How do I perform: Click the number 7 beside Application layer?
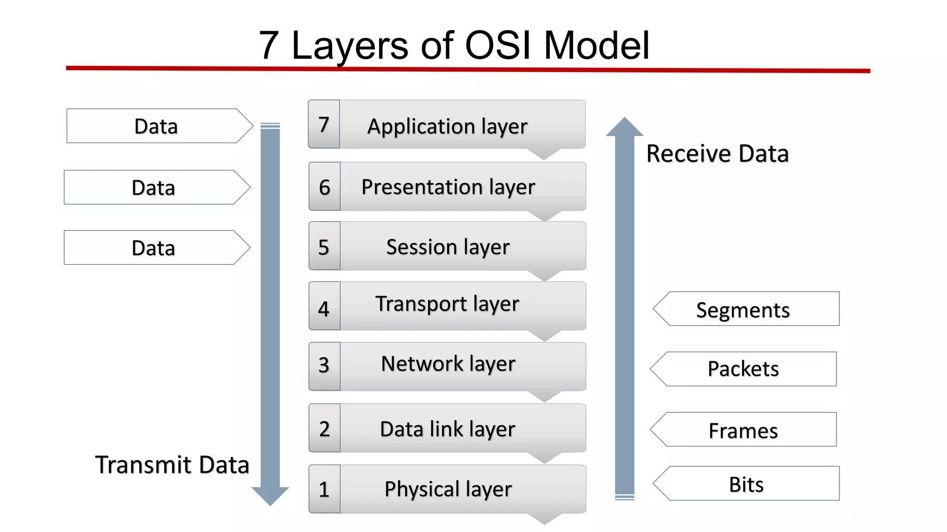click(324, 125)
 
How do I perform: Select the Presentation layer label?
click(448, 187)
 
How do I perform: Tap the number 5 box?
click(324, 247)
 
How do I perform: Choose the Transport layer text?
click(447, 304)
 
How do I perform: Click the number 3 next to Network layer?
click(324, 365)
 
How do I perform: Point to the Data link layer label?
click(447, 429)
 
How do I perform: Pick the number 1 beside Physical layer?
click(324, 490)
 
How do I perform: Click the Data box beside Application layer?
click(157, 126)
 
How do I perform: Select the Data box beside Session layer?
click(154, 248)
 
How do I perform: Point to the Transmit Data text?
click(172, 465)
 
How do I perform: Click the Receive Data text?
click(717, 153)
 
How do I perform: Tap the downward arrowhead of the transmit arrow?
click(270, 496)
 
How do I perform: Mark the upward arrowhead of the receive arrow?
click(625, 127)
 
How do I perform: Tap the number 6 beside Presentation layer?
click(324, 187)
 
